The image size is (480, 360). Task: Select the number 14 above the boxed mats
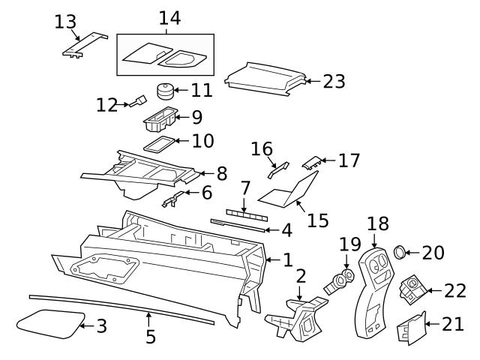pos(169,18)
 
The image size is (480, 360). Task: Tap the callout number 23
pos(334,81)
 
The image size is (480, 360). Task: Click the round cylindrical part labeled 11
pos(165,92)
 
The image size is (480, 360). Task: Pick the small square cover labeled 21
pos(411,326)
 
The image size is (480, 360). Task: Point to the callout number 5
pos(151,337)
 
